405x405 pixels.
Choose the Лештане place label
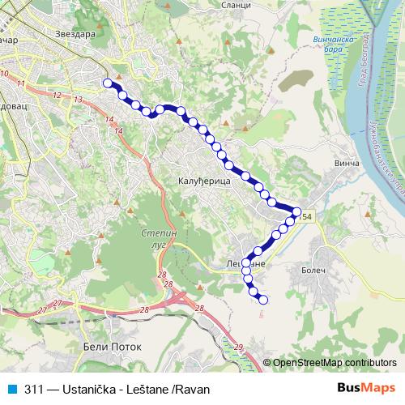[x=245, y=264]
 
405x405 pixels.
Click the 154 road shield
[x=303, y=216]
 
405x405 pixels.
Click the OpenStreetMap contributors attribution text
[x=335, y=363]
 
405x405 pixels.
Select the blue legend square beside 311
[x=11, y=389]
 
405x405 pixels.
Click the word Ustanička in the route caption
[x=87, y=389]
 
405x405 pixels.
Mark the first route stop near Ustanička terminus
[x=107, y=83]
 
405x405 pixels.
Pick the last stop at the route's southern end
[x=262, y=301]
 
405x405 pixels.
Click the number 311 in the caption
[x=34, y=389]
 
